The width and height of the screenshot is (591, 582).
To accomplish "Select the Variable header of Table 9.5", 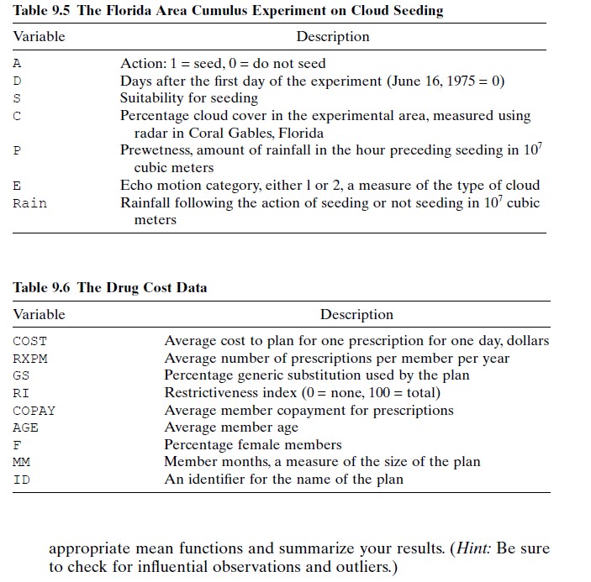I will point(39,37).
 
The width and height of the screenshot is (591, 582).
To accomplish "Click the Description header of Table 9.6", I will point(356,315).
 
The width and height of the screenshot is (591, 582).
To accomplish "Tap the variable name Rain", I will point(30,203).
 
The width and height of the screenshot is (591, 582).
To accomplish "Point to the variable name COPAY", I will point(34,411).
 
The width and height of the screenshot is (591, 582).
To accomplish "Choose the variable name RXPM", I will point(30,359).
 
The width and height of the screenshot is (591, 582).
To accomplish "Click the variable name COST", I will point(30,341).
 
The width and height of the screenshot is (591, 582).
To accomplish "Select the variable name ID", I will point(21,480).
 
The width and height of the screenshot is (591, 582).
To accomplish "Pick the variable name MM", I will point(21,463).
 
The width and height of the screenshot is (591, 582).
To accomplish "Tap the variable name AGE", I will point(26,428).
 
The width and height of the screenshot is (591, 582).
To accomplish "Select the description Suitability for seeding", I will point(189,98).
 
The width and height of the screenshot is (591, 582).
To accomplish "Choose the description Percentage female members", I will point(253,445).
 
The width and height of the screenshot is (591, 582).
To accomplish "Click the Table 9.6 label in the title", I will point(42,287).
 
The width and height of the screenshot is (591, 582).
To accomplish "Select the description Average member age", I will point(231,428).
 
